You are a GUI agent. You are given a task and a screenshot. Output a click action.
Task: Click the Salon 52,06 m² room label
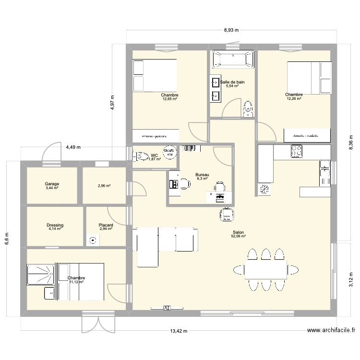tap(238, 234)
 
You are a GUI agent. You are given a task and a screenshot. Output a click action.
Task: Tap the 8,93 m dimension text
tap(231, 30)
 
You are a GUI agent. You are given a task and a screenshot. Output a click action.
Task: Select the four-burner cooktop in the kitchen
tap(297, 151)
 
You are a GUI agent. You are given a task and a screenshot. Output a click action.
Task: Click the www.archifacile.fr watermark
tap(331, 330)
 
